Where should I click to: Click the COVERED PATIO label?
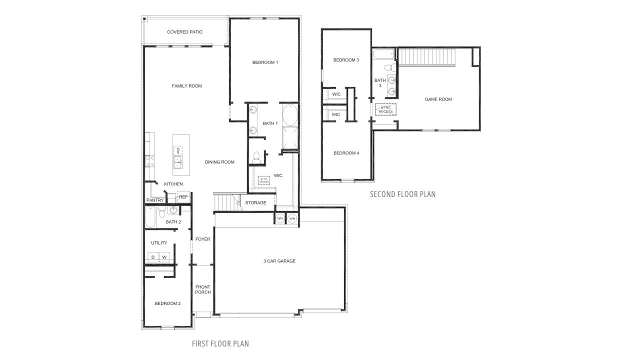184,32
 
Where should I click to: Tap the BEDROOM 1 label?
265,62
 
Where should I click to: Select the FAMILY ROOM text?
187,86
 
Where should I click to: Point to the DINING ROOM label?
219,162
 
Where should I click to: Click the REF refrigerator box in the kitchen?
183,197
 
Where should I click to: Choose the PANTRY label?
155,200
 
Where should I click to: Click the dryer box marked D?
153,258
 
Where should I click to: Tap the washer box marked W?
164,258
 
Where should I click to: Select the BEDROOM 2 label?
167,303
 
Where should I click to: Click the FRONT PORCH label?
203,289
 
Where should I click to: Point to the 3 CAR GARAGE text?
279,261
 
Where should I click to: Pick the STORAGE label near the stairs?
255,202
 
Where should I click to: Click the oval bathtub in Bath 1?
289,116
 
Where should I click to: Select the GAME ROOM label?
438,99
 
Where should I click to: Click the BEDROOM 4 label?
346,153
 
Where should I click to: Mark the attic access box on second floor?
385,109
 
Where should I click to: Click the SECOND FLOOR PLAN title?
402,194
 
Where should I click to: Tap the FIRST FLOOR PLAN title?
220,343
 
